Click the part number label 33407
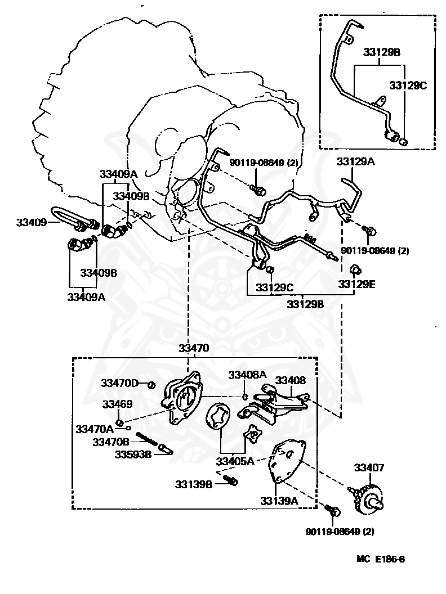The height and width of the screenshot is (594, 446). (x=369, y=467)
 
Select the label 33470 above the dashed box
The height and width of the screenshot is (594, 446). (x=194, y=348)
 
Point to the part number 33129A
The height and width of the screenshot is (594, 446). (x=355, y=161)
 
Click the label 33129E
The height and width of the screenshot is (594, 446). (x=356, y=285)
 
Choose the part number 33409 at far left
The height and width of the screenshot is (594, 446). (x=30, y=222)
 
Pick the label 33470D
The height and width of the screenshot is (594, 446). (x=119, y=383)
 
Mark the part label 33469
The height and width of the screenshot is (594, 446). (x=117, y=404)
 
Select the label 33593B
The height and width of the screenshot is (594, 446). (x=133, y=454)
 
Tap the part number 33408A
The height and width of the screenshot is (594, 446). (x=247, y=375)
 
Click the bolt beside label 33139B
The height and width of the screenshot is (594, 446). (x=231, y=480)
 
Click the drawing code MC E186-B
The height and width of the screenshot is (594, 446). (x=381, y=559)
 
